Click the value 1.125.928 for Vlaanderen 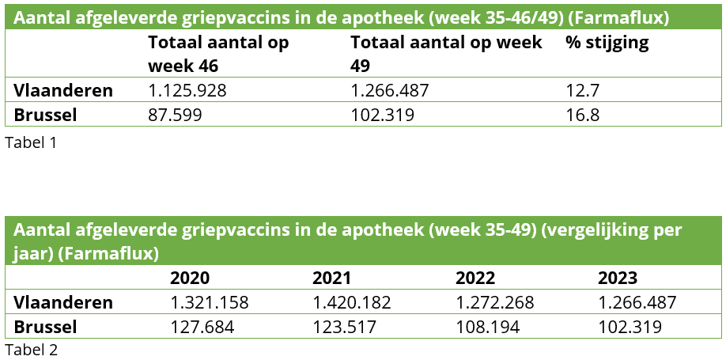coord(187,90)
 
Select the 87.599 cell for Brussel coord(176,115)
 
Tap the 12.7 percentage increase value coord(583,90)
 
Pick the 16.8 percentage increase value coord(583,115)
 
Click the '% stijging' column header coord(607,43)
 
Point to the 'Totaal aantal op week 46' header coord(218,53)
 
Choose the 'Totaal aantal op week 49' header coord(446,53)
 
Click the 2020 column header coord(190,278)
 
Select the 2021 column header coord(332,278)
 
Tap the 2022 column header coord(475,278)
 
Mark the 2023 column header coord(618,278)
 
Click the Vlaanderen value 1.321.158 coord(210,302)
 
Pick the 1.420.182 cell coord(352,302)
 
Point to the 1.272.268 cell coord(495,302)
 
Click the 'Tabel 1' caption coord(31,143)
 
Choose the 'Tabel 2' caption coord(31,349)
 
